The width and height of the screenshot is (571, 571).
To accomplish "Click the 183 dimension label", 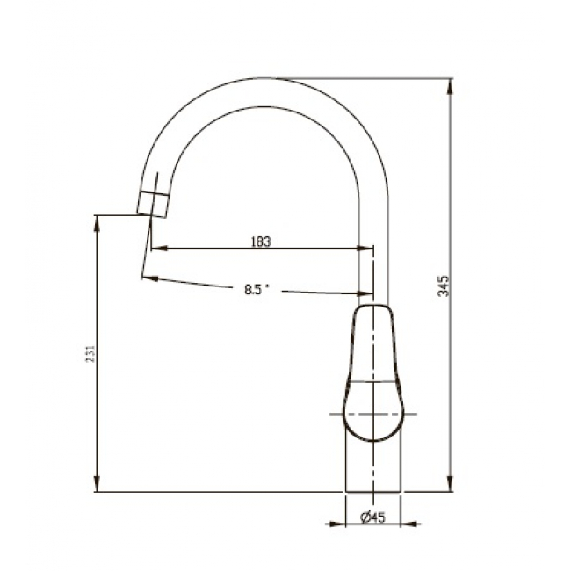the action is pos(261,242).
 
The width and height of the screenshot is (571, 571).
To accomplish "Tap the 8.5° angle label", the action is pos(257,289).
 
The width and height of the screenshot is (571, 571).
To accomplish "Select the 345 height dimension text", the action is pos(444,285).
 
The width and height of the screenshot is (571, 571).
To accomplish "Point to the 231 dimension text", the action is pos(90,353).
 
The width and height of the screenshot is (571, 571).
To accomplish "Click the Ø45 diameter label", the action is pos(372,517).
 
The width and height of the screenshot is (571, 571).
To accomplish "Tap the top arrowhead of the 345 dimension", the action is pos(451,87).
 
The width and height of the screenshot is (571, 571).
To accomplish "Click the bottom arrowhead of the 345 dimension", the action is pos(451,484).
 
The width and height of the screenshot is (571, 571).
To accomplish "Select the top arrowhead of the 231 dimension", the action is pos(97,223).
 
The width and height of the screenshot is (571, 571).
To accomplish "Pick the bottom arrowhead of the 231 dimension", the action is pos(97,484).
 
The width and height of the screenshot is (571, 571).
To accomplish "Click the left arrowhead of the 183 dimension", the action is pos(159,249).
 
